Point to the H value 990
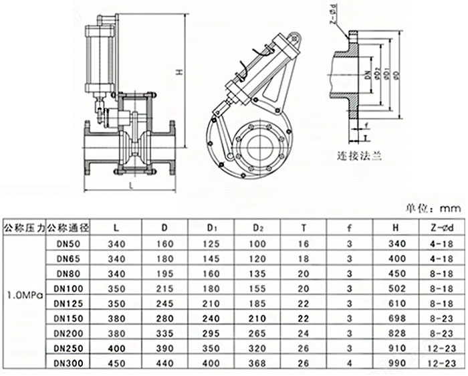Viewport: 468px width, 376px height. (x=396, y=362)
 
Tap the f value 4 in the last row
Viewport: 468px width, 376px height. (x=350, y=362)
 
